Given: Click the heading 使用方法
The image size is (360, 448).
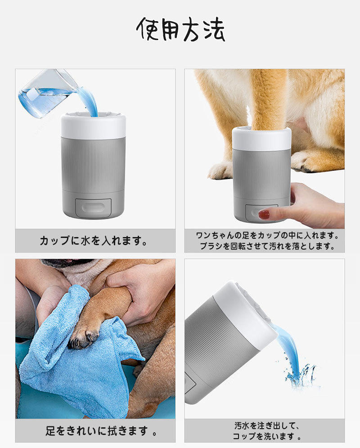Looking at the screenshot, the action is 180,29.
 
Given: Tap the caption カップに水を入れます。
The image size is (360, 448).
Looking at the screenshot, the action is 94,241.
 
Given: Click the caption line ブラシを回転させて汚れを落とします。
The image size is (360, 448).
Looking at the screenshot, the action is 267,246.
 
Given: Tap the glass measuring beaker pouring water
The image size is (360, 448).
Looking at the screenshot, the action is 46,93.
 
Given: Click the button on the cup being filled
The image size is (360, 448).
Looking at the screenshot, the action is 93,207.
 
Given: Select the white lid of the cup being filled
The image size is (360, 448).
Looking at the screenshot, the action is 93,125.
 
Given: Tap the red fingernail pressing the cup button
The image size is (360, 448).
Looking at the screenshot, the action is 264,214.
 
